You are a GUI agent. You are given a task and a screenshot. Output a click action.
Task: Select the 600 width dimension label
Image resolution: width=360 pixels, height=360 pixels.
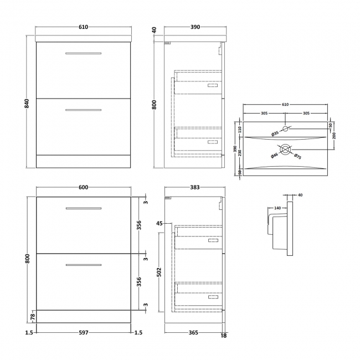[x=83, y=187]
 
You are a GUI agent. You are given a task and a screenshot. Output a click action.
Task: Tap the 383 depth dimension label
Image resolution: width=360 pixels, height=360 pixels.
[x=195, y=187]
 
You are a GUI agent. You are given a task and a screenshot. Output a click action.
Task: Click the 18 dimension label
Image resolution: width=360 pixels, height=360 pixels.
[x=224, y=335]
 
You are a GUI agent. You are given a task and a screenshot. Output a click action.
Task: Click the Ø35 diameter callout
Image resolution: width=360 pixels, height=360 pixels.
[x=274, y=133]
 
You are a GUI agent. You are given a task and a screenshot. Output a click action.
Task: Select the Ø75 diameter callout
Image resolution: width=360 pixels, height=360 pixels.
[x=297, y=156]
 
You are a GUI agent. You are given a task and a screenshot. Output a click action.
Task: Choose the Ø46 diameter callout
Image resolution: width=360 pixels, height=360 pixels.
[x=274, y=156]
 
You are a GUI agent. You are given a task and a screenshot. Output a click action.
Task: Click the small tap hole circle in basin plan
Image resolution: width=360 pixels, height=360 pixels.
[x=286, y=129]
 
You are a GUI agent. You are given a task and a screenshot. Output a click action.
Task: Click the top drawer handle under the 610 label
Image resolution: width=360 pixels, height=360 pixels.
[x=83, y=53]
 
